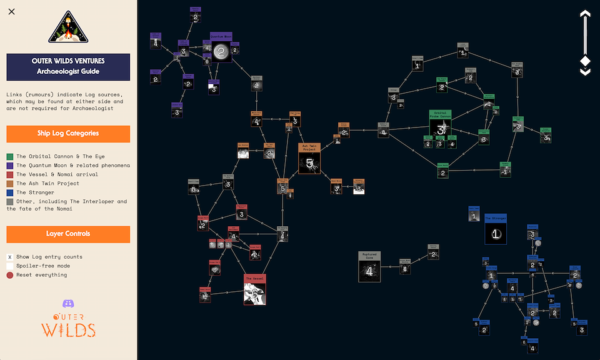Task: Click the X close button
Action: coord(12,11)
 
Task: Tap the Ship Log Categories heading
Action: coord(68,133)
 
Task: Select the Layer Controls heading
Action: coord(68,234)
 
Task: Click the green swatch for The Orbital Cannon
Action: coord(10,156)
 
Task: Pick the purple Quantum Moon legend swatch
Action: coord(10,166)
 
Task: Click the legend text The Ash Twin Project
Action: coord(47,184)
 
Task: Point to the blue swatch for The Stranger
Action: coord(10,192)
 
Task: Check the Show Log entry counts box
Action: coord(10,257)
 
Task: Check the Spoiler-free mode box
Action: coord(10,266)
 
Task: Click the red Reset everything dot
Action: coord(10,275)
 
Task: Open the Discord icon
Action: coord(69,304)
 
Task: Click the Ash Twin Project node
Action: coord(309,159)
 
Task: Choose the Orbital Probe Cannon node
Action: coord(440,125)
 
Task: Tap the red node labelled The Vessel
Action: coord(255,289)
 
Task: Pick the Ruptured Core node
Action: coord(369,267)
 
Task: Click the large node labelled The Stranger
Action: coord(495,229)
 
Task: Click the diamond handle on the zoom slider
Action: coord(585,61)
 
